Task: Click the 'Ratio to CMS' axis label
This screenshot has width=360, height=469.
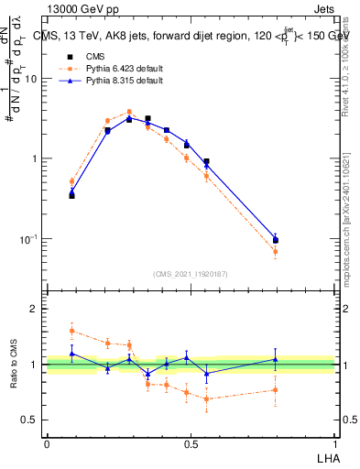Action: (14, 365)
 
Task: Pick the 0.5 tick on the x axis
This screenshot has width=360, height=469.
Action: (191, 442)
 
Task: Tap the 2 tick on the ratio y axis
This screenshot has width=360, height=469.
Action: (36, 309)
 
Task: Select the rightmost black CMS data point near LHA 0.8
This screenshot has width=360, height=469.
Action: (276, 241)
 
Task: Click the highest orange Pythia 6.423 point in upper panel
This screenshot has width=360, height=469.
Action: (129, 112)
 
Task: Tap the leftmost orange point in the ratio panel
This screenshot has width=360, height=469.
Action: (72, 331)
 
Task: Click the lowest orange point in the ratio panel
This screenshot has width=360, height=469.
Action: (207, 398)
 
